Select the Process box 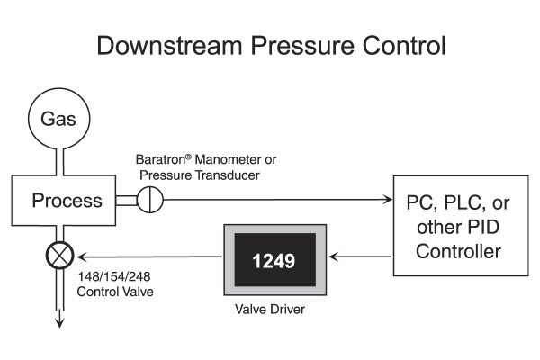coord(67,200)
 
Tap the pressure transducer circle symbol coord(152,200)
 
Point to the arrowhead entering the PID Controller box coord(389,200)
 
